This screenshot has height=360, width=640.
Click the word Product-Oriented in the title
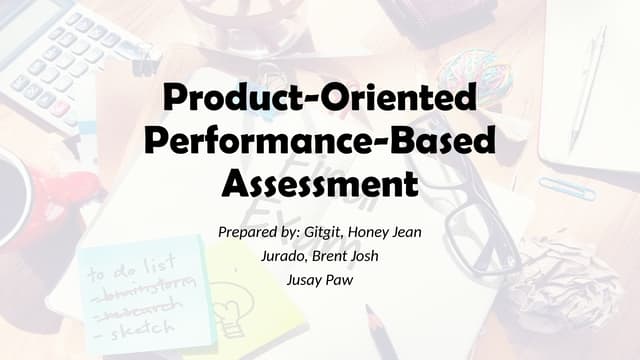(x=319, y=99)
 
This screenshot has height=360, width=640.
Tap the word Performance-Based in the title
(x=319, y=141)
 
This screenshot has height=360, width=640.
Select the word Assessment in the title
(x=319, y=183)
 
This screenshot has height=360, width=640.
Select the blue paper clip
(x=566, y=188)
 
